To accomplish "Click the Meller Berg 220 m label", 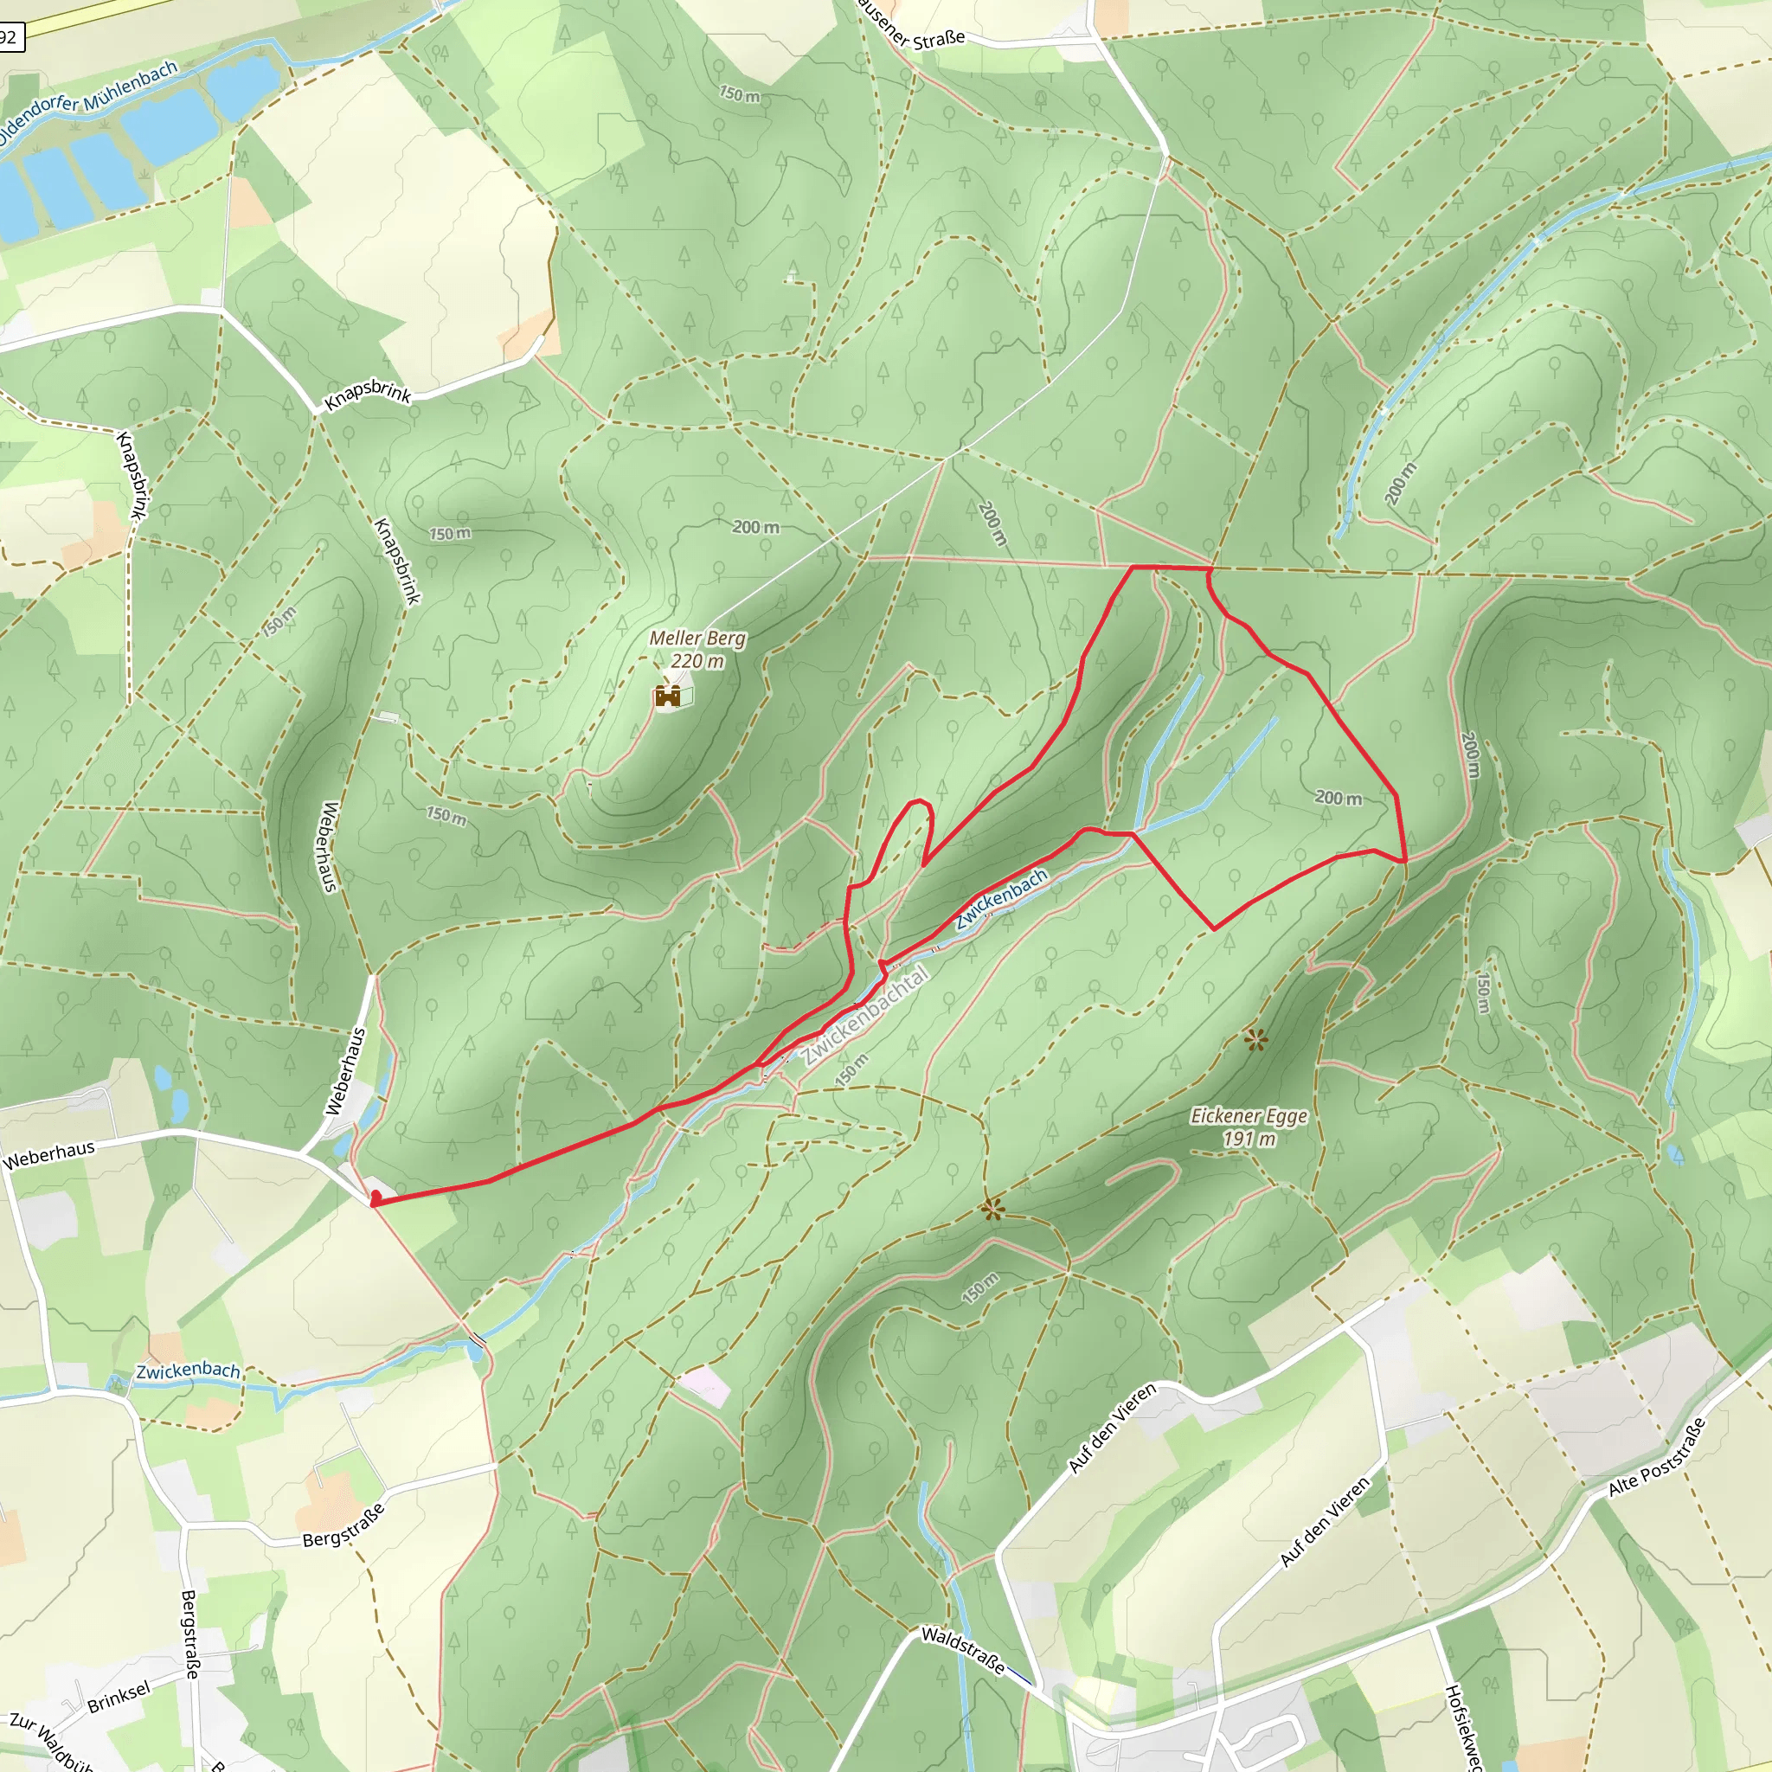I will pos(697,650).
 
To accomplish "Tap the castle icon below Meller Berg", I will pos(668,697).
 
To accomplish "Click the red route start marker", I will pos(376,1197).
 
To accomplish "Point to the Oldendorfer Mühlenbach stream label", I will pos(88,103).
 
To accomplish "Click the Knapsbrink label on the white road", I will pos(368,395).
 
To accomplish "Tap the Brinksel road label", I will pos(119,1698).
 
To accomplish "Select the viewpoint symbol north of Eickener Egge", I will pos(1255,1039).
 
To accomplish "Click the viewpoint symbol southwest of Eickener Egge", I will pos(992,1210).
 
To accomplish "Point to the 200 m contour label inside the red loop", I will pos(1339,797).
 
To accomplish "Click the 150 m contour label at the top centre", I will pos(739,94).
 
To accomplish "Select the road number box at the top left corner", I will pos(10,36).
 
